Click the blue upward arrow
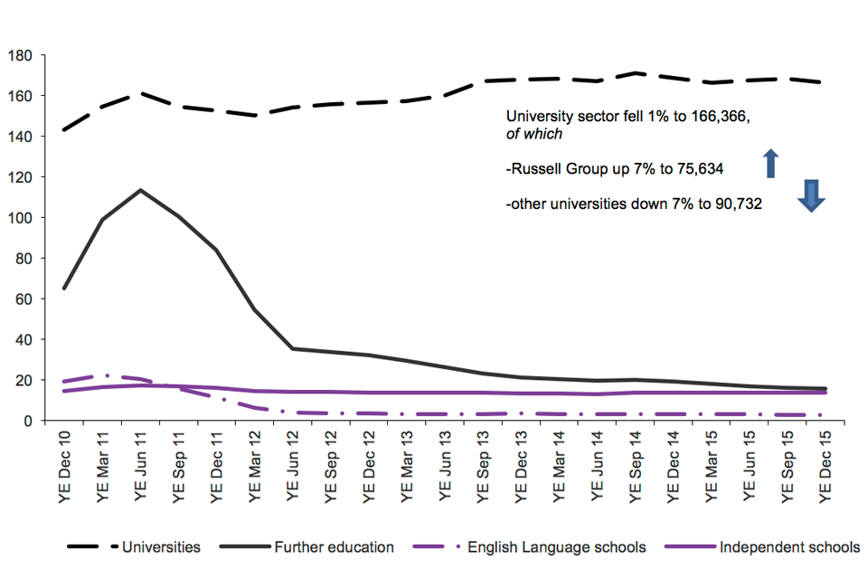tap(770, 164)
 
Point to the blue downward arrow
tap(811, 195)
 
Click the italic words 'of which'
tap(534, 134)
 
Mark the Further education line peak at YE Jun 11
tap(140, 190)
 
